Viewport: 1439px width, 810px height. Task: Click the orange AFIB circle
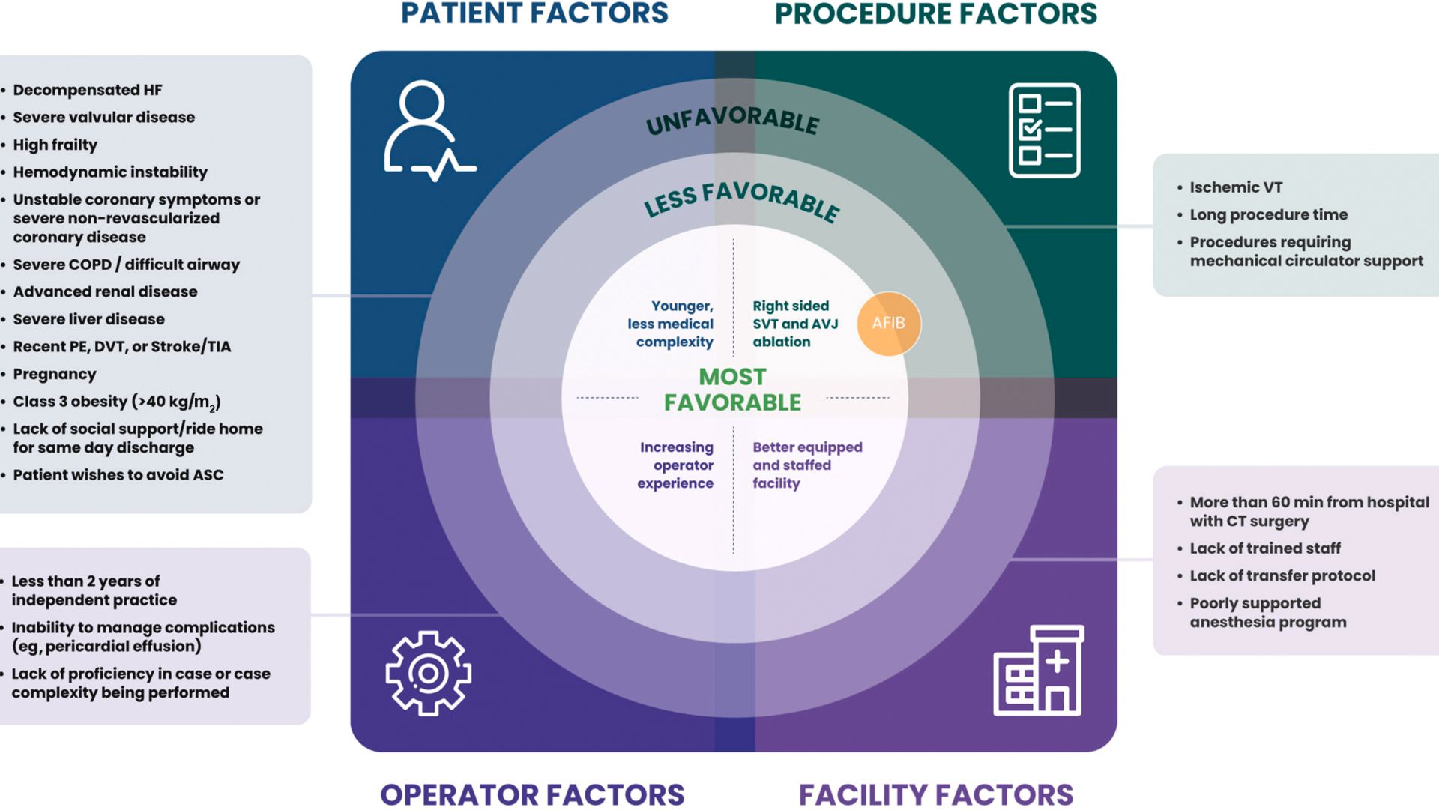click(x=889, y=323)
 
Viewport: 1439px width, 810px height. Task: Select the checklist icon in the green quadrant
click(x=1044, y=130)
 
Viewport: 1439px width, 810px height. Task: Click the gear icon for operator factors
click(x=428, y=673)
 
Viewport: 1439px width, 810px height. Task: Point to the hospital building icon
click(x=1039, y=671)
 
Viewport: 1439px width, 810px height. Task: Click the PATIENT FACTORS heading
click(x=534, y=13)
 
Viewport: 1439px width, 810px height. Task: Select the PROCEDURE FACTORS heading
click(x=935, y=13)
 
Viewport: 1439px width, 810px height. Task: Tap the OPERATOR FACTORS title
click(x=532, y=794)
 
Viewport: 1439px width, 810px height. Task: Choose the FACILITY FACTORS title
click(x=935, y=794)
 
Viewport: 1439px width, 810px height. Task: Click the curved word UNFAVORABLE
click(x=732, y=119)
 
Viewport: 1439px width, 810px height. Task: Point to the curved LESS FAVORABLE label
click(x=741, y=199)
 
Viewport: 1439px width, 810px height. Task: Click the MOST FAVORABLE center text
click(x=732, y=390)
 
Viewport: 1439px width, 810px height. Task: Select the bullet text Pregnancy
click(x=55, y=374)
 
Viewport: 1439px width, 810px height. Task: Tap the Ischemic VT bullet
click(x=1236, y=187)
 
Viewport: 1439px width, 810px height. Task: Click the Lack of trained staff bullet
click(x=1265, y=548)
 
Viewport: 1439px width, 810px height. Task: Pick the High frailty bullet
click(x=55, y=145)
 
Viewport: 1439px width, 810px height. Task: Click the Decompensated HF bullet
click(x=88, y=90)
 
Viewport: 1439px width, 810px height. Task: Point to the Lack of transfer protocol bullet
click(x=1282, y=575)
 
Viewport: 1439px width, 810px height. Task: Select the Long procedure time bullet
click(x=1268, y=215)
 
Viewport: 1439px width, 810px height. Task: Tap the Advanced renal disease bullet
click(x=105, y=291)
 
